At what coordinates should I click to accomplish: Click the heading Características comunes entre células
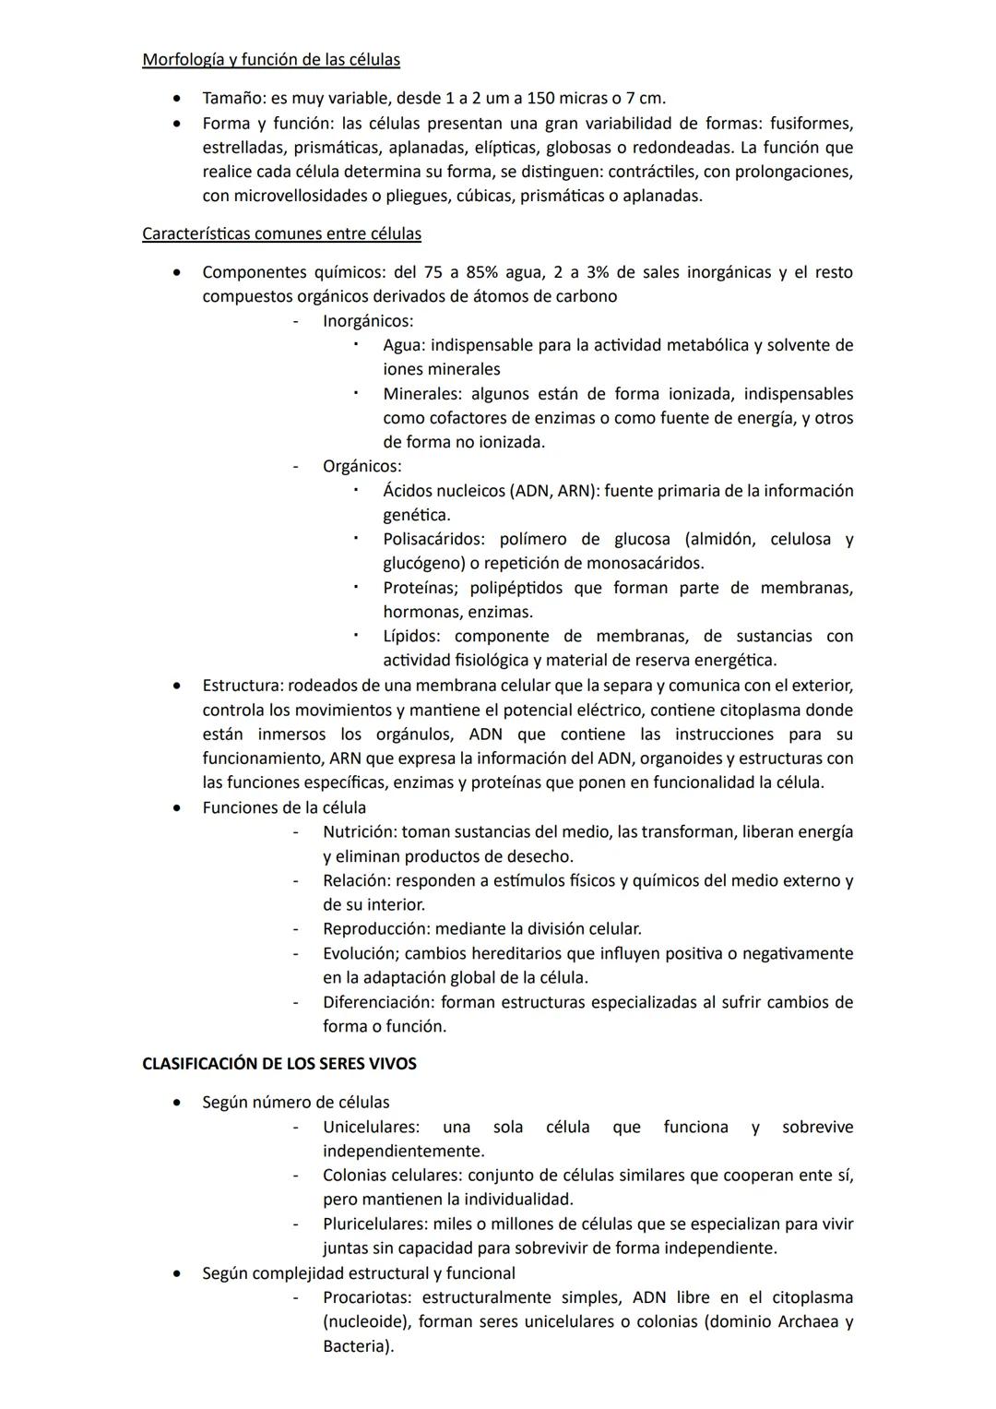click(x=281, y=233)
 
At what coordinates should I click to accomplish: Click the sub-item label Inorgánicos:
click(x=367, y=321)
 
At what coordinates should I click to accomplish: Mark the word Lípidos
click(x=411, y=636)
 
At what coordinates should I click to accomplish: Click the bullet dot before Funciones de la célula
click(x=176, y=807)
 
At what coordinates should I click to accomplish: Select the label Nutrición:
click(x=360, y=831)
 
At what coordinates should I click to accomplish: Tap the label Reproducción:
click(x=376, y=928)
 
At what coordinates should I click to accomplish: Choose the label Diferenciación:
click(x=378, y=1001)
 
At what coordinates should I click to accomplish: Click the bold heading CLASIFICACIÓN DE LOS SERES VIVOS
click(x=279, y=1064)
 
